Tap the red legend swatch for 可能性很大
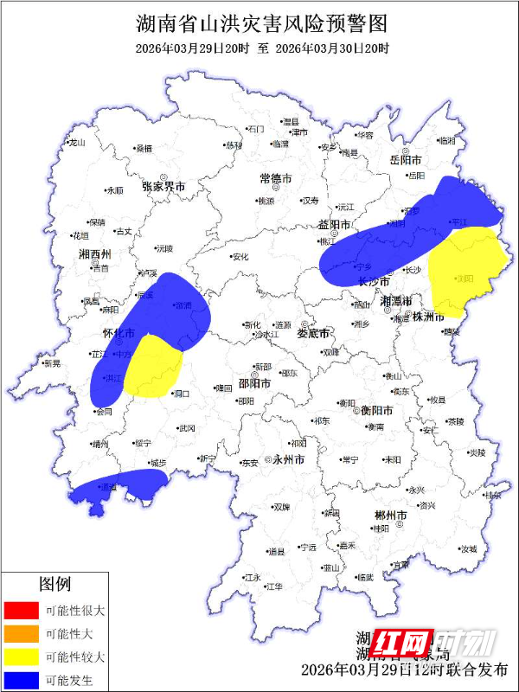click(x=21, y=610)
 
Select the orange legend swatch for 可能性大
click(x=21, y=633)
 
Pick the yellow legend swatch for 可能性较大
click(x=21, y=657)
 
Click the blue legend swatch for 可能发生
click(x=21, y=680)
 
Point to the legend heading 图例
click(x=54, y=585)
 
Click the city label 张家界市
click(x=165, y=187)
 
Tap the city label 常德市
click(x=276, y=177)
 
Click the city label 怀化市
click(x=119, y=333)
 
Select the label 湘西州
click(x=94, y=254)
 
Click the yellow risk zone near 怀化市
click(x=153, y=366)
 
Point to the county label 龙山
click(x=78, y=142)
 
